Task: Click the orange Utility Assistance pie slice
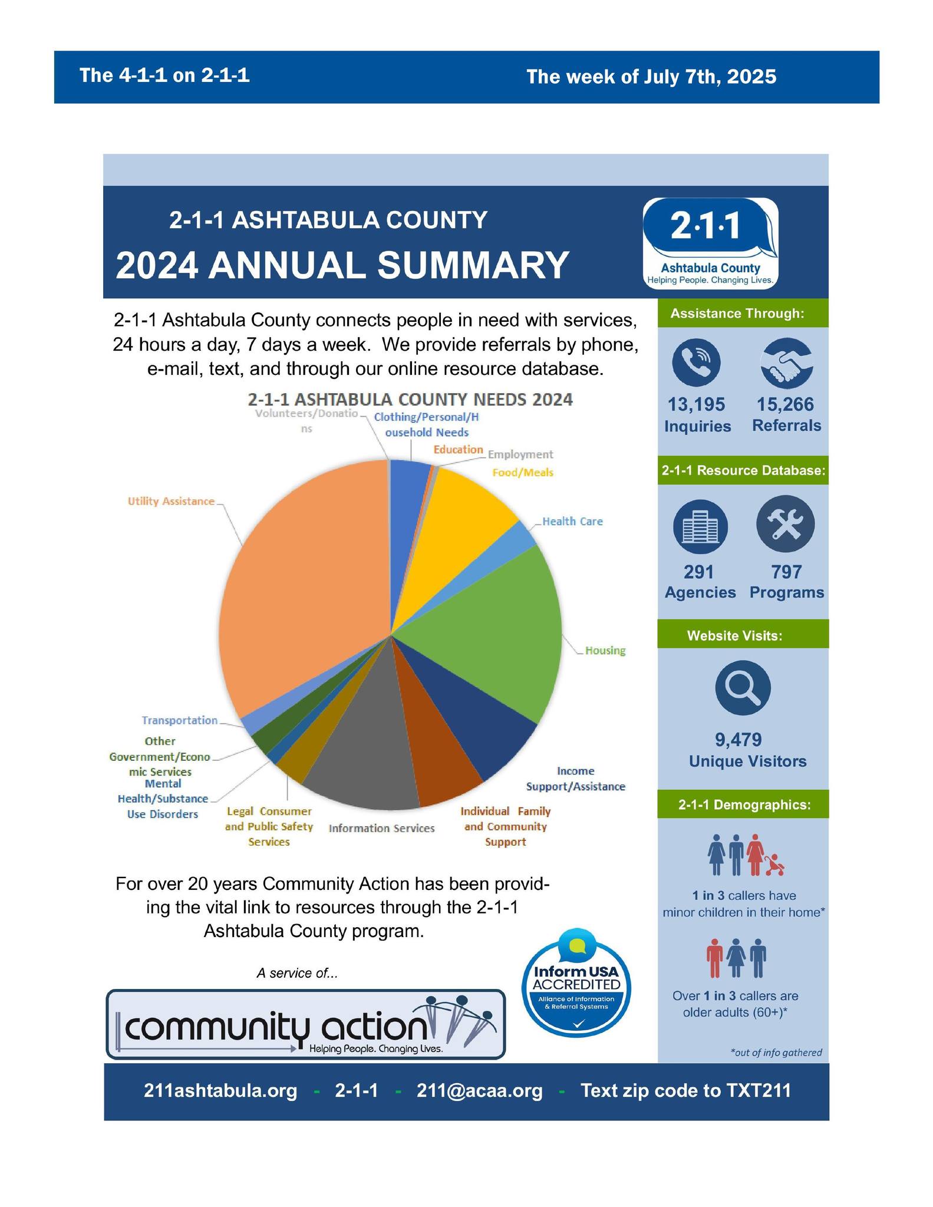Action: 301,583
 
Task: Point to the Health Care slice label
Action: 572,522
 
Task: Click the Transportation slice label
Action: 180,720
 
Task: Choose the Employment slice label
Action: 520,454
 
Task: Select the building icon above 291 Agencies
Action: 700,526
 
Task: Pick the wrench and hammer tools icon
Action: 785,524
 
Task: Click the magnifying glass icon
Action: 743,688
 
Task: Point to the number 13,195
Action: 696,405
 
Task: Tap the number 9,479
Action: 739,740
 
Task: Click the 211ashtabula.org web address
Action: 220,1091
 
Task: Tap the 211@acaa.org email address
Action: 479,1091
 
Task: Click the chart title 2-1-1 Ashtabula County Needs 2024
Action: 410,400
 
